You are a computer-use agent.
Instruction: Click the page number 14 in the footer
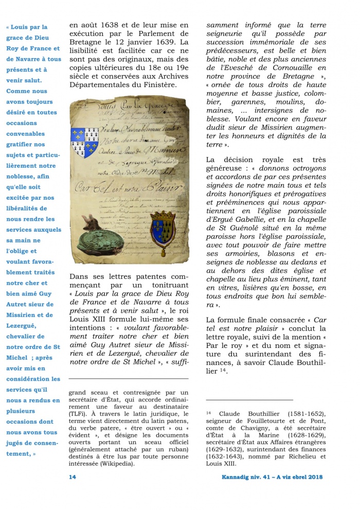click(x=73, y=477)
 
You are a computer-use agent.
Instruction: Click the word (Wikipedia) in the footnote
click(x=118, y=463)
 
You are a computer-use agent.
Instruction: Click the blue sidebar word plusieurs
click(x=22, y=411)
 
